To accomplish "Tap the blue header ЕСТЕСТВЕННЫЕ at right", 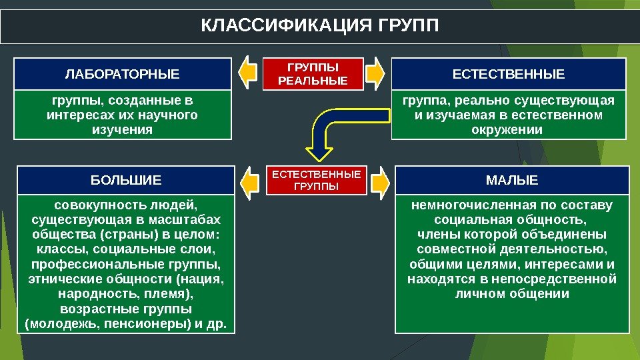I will (x=508, y=74).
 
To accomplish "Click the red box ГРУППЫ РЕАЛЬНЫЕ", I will (x=313, y=74).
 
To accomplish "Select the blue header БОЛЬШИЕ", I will (x=126, y=180).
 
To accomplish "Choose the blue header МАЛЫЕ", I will (x=512, y=180).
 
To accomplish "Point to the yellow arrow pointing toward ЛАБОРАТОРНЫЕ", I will (x=247, y=73).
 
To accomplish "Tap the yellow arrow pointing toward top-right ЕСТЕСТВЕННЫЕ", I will (x=376, y=73).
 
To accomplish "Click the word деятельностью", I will (x=556, y=249).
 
